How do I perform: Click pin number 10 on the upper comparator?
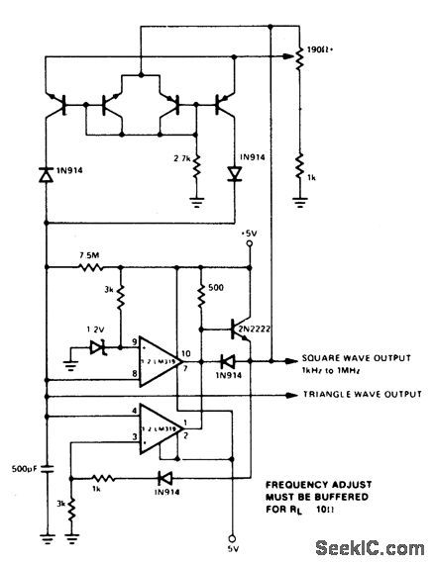coord(184,352)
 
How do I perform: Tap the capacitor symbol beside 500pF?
coord(47,468)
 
